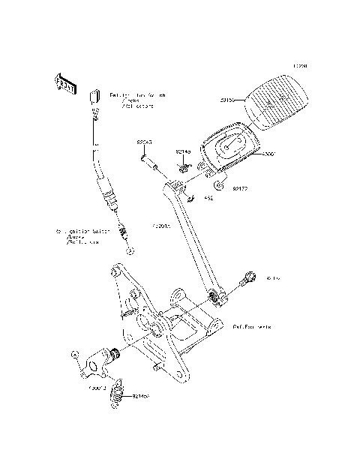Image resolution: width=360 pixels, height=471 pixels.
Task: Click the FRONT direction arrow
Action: pyautogui.click(x=65, y=84)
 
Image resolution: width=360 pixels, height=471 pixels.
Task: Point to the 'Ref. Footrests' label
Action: pyautogui.click(x=252, y=328)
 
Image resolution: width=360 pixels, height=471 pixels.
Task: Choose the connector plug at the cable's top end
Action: pyautogui.click(x=96, y=96)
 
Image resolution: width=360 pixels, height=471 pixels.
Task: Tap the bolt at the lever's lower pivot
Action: pyautogui.click(x=246, y=282)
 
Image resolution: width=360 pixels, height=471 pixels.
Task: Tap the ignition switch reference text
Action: pyautogui.click(x=82, y=237)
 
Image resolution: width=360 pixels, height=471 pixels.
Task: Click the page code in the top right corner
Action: pyautogui.click(x=300, y=65)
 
